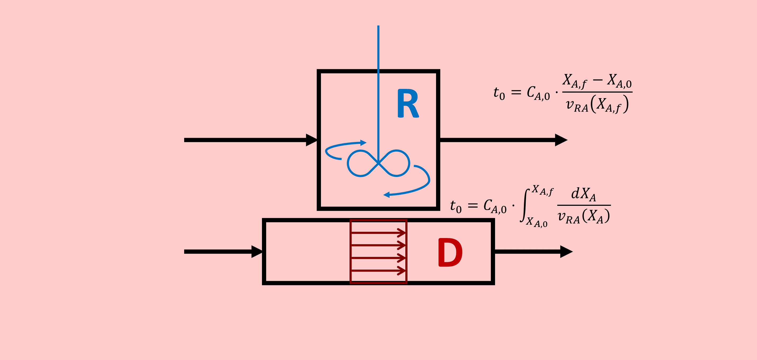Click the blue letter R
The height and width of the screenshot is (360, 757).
[408, 103]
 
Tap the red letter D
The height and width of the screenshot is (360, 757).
[450, 252]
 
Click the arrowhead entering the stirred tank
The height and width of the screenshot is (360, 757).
[311, 140]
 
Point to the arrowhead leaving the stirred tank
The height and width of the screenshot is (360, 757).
[561, 140]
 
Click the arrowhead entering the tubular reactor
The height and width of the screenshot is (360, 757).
[257, 252]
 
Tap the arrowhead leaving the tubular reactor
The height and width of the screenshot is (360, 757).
[566, 252]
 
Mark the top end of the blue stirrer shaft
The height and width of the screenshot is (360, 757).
[378, 26]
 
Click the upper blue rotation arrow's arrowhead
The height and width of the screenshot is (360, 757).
[364, 143]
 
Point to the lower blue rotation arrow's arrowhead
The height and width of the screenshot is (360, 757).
[387, 194]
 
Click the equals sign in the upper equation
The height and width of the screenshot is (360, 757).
[516, 92]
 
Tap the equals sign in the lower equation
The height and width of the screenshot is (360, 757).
[473, 206]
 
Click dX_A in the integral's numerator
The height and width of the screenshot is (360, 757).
[583, 194]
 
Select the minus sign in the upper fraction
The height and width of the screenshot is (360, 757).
[598, 80]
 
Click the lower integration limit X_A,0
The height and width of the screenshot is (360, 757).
[537, 222]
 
